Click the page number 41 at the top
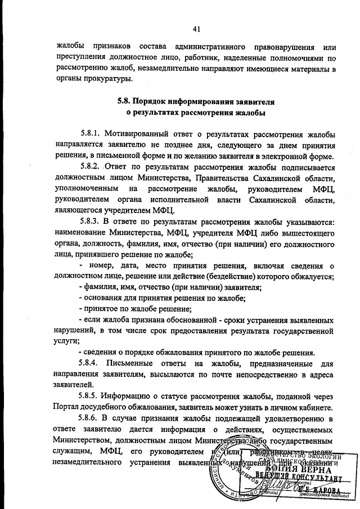[196, 29]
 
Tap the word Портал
[67, 407]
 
